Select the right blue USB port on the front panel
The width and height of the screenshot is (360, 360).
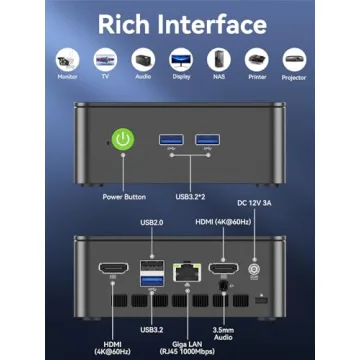pos(207,136)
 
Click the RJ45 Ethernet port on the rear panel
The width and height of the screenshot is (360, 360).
pos(184,269)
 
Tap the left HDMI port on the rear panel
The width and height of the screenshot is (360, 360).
pos(112,269)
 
